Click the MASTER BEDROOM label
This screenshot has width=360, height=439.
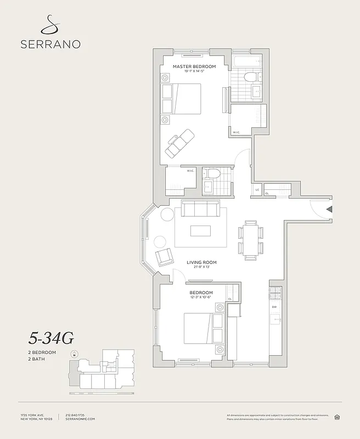pyautogui.click(x=194, y=66)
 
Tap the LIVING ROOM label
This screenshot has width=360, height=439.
pyautogui.click(x=198, y=262)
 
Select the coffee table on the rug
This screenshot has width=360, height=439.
pyautogui.click(x=200, y=230)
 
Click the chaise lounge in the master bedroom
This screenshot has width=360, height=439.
pyautogui.click(x=180, y=143)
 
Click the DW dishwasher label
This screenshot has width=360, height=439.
pyautogui.click(x=274, y=307)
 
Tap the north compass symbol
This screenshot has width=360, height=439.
pyautogui.click(x=74, y=354)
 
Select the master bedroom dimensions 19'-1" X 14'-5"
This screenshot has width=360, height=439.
pyautogui.click(x=194, y=71)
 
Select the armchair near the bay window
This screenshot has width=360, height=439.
pyautogui.click(x=165, y=257)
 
